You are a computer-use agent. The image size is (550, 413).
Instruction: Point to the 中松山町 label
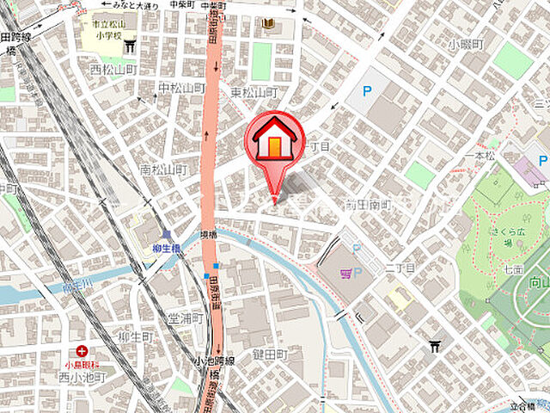coord(180,89)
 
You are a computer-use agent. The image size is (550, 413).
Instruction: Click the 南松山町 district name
coord(162,170)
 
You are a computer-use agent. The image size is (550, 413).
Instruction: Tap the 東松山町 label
coord(254,92)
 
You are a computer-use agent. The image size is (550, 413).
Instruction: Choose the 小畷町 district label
coord(467,44)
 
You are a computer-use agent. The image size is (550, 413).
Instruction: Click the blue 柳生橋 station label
coord(164,249)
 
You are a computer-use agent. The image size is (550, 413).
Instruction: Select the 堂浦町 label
coord(185,317)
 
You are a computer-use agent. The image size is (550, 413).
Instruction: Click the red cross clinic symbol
coord(81,350)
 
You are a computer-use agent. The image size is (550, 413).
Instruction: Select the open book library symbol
coord(268,23)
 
